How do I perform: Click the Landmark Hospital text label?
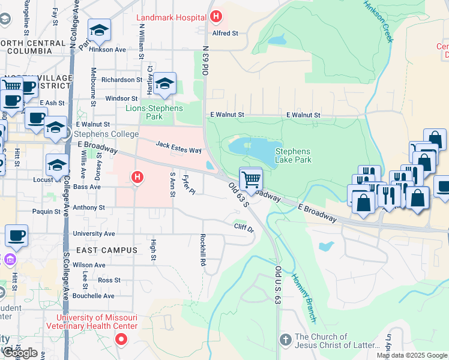tap(171, 17)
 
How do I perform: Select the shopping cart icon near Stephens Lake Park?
tap(250, 178)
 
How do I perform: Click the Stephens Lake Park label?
tap(293, 155)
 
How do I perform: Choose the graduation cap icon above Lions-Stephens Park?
tap(164, 84)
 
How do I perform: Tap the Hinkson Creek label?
tap(378, 21)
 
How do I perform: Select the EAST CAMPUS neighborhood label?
tap(106, 250)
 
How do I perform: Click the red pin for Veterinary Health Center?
tap(121, 340)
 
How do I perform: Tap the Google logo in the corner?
tap(20, 353)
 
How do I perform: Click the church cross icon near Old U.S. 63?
tap(286, 340)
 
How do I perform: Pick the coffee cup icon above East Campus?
tap(16, 235)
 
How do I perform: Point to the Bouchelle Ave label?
tap(93, 296)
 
